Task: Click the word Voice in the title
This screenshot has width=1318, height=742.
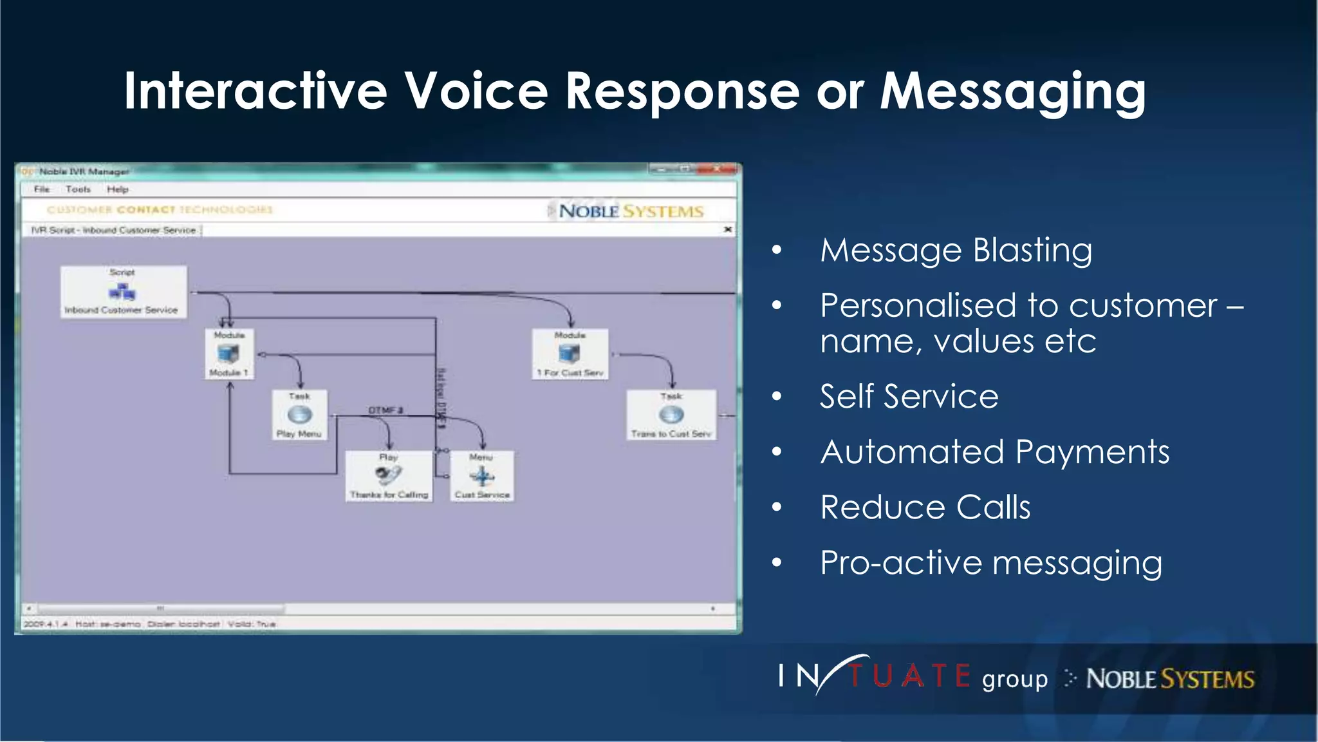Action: [x=476, y=91]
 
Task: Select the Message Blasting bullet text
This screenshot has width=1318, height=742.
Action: [x=956, y=250]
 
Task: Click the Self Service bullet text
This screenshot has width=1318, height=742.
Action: [x=909, y=396]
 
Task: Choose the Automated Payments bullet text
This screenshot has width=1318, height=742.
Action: [x=994, y=452]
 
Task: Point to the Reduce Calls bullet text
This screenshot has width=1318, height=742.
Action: [x=925, y=507]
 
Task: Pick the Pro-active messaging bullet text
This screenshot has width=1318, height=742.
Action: [x=991, y=563]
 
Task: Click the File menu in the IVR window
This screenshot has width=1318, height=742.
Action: [x=42, y=189]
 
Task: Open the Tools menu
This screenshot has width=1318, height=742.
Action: [x=78, y=189]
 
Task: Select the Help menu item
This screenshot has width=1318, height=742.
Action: [x=118, y=189]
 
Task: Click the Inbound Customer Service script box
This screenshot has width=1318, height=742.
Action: [x=123, y=292]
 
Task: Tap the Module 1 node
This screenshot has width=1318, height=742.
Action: [x=229, y=354]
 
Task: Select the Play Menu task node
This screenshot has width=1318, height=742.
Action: [x=299, y=415]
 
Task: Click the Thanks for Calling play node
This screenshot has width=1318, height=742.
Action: [x=389, y=476]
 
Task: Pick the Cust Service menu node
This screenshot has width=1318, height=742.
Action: [x=482, y=476]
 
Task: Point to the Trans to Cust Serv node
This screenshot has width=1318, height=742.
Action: [x=671, y=415]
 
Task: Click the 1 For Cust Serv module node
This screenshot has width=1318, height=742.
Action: [x=570, y=354]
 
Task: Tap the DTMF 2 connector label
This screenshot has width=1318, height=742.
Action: [x=385, y=410]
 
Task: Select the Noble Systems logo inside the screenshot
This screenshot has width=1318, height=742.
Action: [x=630, y=211]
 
